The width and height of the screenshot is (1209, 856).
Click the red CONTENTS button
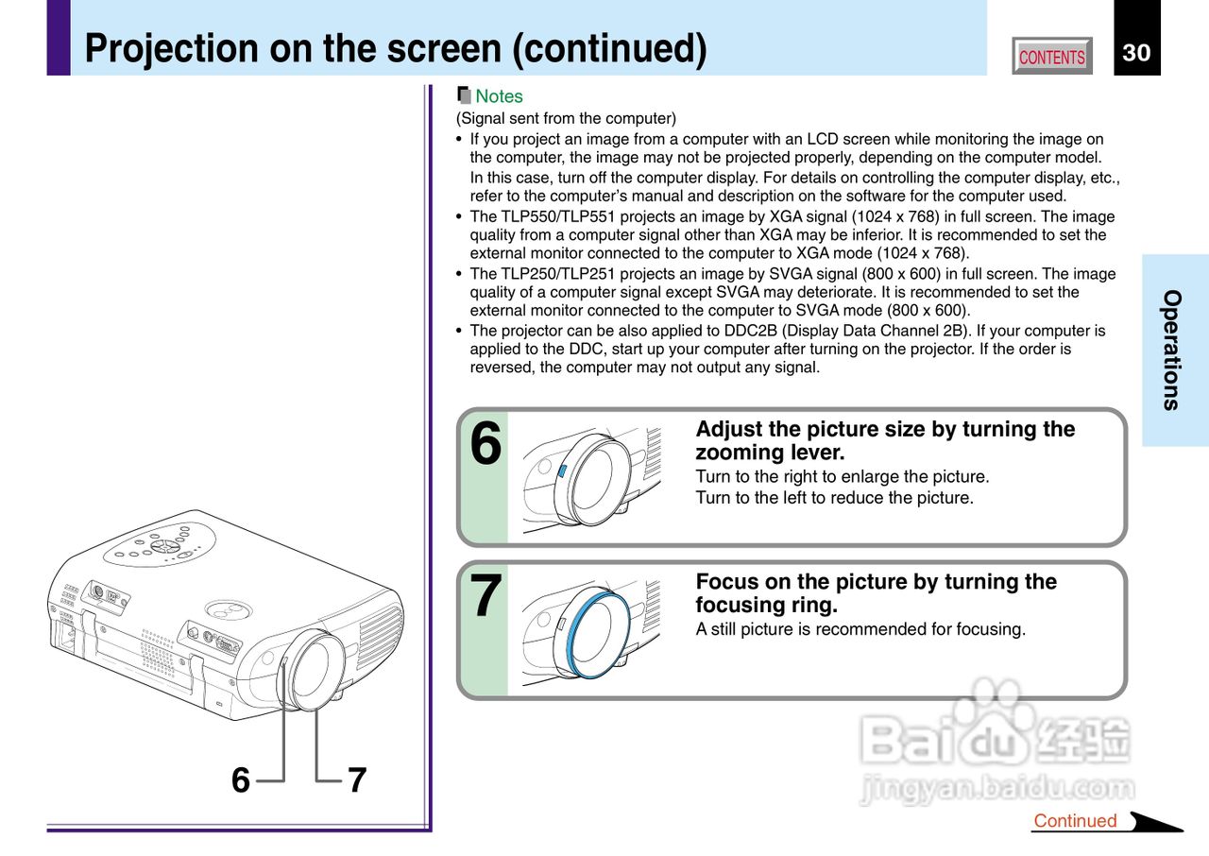(x=1051, y=57)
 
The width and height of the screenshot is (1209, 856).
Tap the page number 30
(x=1136, y=53)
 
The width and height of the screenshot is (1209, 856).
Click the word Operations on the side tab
(x=1171, y=350)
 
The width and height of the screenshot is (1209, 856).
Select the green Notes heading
(x=499, y=96)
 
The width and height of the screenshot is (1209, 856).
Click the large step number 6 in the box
(x=485, y=444)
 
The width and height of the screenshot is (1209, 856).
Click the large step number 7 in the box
(x=485, y=596)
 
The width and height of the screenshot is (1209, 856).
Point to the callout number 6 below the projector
(x=241, y=780)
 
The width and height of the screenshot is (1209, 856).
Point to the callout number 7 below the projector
(x=356, y=780)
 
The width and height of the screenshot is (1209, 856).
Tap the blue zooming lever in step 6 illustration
(x=561, y=470)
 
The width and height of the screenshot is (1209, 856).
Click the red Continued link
(x=1075, y=821)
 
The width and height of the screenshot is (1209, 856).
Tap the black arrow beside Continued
(x=1154, y=822)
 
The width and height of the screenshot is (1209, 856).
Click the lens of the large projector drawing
(x=315, y=670)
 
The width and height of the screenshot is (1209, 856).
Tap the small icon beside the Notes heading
(x=463, y=95)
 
